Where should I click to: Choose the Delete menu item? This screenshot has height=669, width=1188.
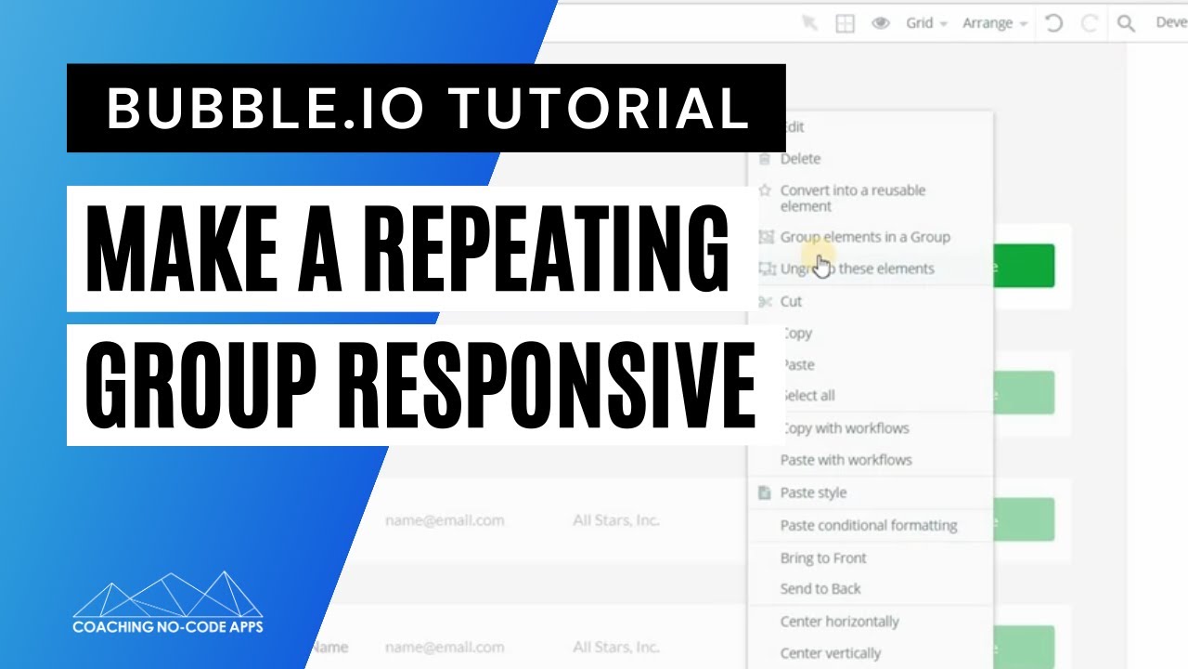(800, 159)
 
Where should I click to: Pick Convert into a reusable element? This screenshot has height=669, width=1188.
(852, 198)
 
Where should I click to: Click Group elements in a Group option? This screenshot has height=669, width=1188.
(864, 237)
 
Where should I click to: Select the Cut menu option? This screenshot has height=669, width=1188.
(791, 301)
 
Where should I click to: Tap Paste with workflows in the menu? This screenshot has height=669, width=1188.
(846, 460)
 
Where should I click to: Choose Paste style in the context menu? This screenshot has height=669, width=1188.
(813, 492)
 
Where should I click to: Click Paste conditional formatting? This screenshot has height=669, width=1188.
(868, 525)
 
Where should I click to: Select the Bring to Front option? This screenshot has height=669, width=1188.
(823, 557)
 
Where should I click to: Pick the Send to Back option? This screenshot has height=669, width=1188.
(820, 589)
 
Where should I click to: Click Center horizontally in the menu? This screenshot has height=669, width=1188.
(839, 621)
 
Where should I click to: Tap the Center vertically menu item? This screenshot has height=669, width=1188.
(830, 653)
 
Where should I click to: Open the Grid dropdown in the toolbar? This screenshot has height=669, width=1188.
(925, 23)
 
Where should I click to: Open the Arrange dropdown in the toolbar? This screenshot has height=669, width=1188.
(994, 23)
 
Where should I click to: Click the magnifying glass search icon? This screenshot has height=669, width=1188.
(1126, 23)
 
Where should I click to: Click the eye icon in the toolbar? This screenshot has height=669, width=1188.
(881, 23)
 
